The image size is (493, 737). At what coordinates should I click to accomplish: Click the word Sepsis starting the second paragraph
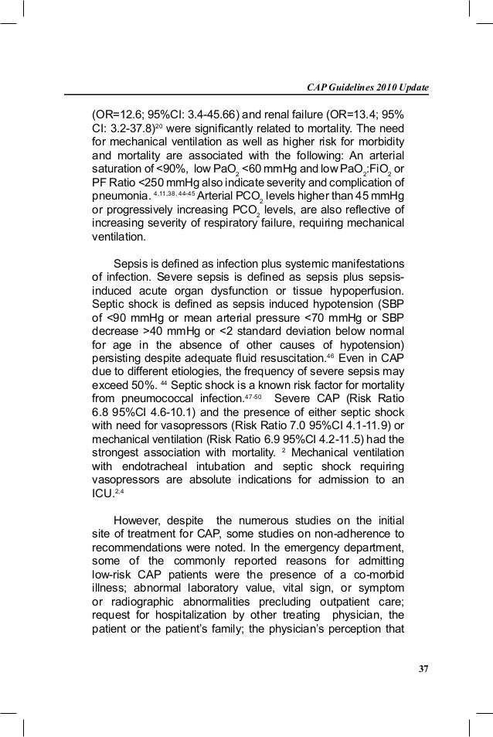pyautogui.click(x=132, y=264)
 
